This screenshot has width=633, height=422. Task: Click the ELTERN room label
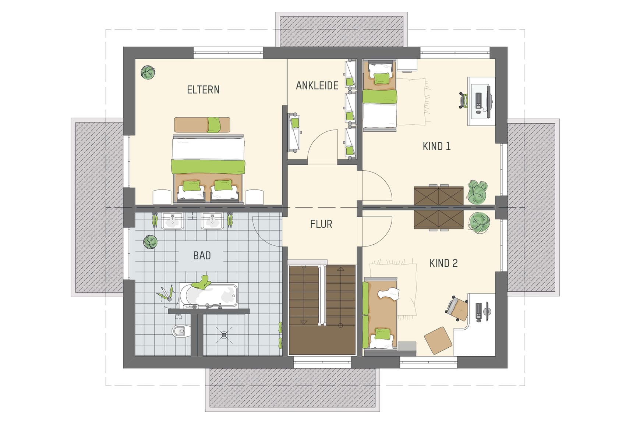(203, 90)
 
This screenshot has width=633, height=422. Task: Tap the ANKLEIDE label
(317, 86)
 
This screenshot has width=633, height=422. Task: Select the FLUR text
(321, 224)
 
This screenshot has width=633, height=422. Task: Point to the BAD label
(202, 256)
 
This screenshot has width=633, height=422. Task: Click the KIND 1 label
(436, 146)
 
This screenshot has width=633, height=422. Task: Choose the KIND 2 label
(443, 263)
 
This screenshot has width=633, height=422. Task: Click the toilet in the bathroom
(181, 331)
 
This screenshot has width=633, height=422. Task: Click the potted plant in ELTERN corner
(148, 72)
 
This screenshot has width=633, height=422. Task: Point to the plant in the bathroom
(150, 242)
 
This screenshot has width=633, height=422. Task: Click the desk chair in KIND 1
(463, 100)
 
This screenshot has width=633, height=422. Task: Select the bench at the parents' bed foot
(202, 125)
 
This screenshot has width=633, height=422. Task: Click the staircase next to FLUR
(322, 309)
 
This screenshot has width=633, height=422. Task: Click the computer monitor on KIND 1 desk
(488, 101)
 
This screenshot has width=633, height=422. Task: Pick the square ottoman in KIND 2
(438, 340)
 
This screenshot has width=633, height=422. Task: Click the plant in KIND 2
(479, 223)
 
